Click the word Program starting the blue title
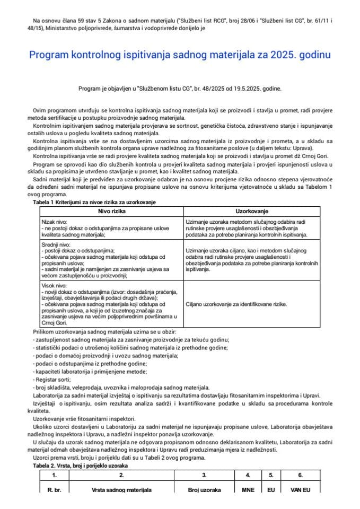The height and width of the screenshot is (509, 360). (x=49, y=55)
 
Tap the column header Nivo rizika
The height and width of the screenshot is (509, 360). (x=109, y=211)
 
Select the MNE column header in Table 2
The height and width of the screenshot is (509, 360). (x=248, y=490)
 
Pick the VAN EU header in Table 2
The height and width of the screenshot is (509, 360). (x=300, y=490)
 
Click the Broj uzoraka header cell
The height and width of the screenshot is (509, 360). (x=204, y=490)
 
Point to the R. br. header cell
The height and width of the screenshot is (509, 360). (x=54, y=490)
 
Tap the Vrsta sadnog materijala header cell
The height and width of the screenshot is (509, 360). (x=122, y=490)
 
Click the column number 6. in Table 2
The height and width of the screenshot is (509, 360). (x=300, y=475)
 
